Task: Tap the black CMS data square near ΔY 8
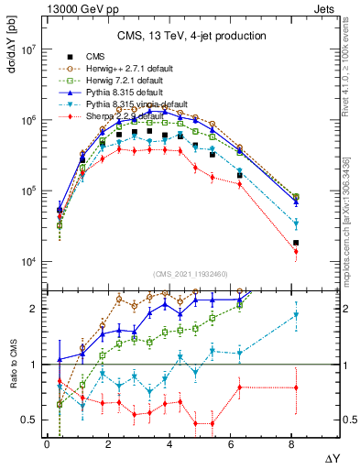(x=295, y=243)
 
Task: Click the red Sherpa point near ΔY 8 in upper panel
(x=295, y=251)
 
